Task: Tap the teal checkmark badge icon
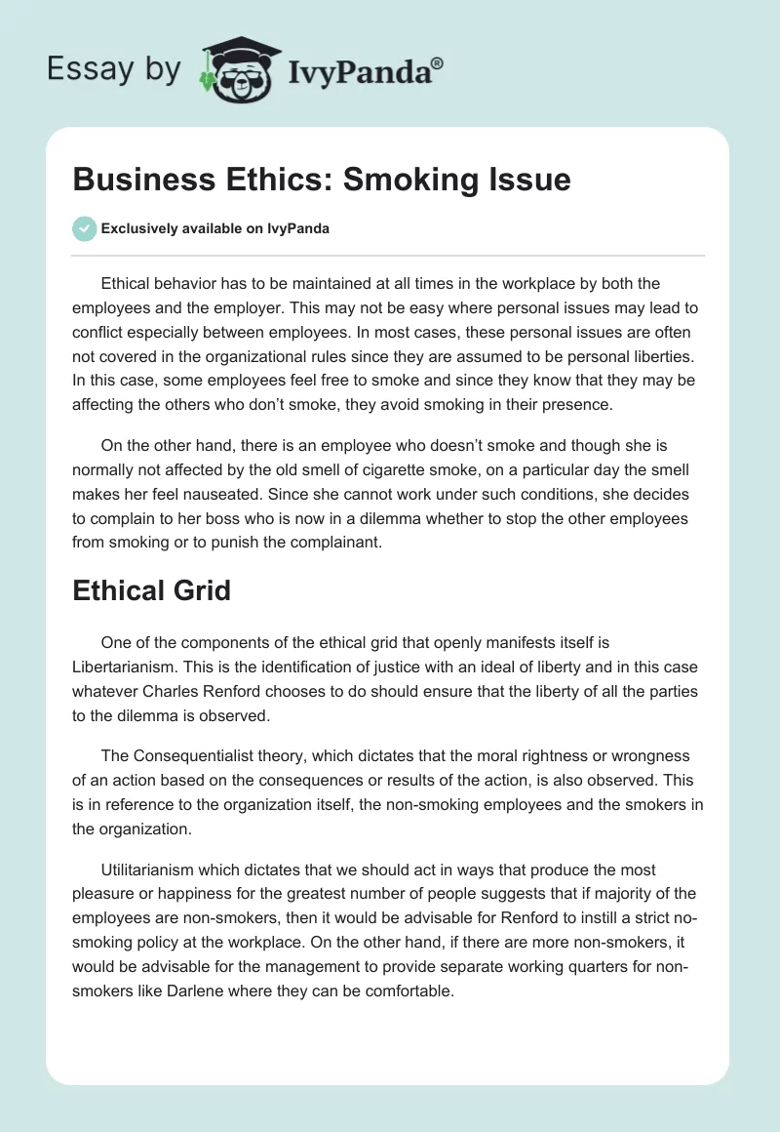pos(84,228)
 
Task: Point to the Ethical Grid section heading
pos(151,590)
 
